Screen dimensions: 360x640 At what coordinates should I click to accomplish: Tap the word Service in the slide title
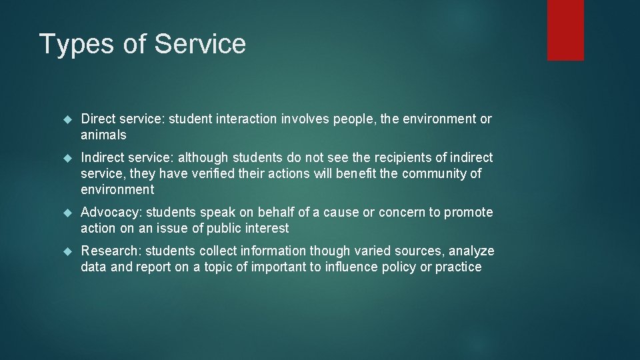pos(200,44)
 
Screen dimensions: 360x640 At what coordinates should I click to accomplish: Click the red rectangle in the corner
pos(565,30)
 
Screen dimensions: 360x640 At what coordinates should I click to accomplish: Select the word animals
pos(103,135)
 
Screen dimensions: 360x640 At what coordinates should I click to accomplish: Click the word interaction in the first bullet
pos(245,119)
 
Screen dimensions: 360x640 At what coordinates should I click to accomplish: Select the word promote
pos(469,213)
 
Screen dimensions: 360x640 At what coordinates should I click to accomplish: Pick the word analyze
pos(472,251)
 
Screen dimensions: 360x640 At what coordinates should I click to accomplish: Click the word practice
pos(458,267)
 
